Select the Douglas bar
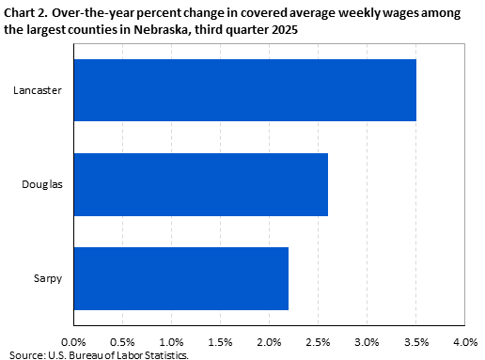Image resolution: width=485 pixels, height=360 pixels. pyautogui.click(x=200, y=184)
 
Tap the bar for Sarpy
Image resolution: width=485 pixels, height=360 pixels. pyautogui.click(x=180, y=278)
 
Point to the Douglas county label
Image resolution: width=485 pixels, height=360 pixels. pyautogui.click(x=42, y=184)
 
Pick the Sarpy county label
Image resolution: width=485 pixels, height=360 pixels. pyautogui.click(x=47, y=278)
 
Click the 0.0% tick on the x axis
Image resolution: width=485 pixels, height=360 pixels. pyautogui.click(x=73, y=341)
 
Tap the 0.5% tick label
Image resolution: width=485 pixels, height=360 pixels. pyautogui.click(x=122, y=341)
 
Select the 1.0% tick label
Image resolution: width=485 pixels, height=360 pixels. pyautogui.click(x=171, y=341)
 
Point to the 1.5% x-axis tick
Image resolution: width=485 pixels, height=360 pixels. pyautogui.click(x=220, y=341)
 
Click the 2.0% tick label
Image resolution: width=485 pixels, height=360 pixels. pyautogui.click(x=270, y=341)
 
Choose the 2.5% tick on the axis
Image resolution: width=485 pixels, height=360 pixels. pyautogui.click(x=319, y=341)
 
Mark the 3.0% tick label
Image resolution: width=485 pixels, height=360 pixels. pyautogui.click(x=368, y=341)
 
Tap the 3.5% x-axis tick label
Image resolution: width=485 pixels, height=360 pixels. pyautogui.click(x=416, y=341)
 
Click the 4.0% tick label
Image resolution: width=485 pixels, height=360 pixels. pyautogui.click(x=465, y=341)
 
